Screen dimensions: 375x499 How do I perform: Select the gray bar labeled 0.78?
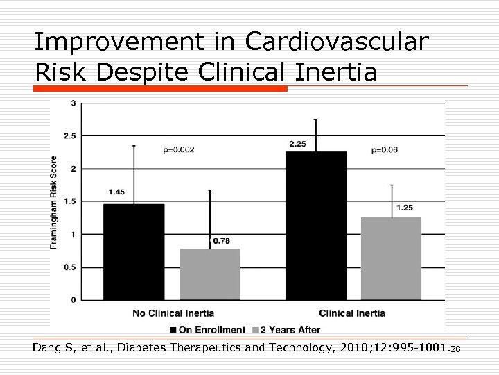pyautogui.click(x=210, y=274)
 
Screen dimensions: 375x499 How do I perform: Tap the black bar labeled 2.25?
pyautogui.click(x=315, y=226)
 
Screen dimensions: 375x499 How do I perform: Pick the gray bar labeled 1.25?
pyautogui.click(x=392, y=258)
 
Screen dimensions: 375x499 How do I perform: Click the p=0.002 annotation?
pyautogui.click(x=179, y=149)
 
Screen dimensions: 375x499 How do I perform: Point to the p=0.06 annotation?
pyautogui.click(x=385, y=149)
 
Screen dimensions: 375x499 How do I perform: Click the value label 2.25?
pyautogui.click(x=298, y=144)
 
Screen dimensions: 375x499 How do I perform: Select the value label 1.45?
pyautogui.click(x=116, y=192)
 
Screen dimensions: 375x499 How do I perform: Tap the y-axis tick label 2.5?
pyautogui.click(x=70, y=136)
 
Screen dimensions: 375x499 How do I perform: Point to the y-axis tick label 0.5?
pyautogui.click(x=70, y=267)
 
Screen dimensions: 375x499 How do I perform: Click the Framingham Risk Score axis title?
pyautogui.click(x=54, y=202)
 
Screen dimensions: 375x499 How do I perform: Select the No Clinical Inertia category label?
pyautogui.click(x=173, y=313)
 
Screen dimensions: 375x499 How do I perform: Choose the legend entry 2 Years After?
pyautogui.click(x=290, y=330)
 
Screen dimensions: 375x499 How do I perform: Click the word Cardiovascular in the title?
pyautogui.click(x=337, y=42)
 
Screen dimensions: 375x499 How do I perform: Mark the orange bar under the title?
pyautogui.click(x=160, y=89)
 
